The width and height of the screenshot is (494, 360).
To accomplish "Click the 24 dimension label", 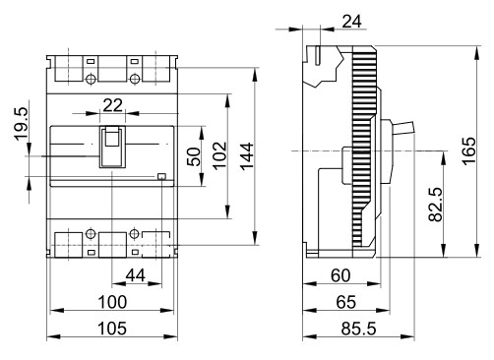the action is [351, 22].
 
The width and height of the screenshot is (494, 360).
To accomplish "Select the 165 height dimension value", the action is [468, 150].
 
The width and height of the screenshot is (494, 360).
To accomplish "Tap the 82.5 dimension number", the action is [436, 205].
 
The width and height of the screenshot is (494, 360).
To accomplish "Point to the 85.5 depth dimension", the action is [358, 329].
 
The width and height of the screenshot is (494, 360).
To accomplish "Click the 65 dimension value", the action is [346, 302].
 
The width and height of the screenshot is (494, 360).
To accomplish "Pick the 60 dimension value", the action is [340, 275].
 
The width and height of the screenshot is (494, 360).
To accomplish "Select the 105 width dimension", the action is [112, 329].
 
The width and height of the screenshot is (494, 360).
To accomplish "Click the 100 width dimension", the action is [112, 302].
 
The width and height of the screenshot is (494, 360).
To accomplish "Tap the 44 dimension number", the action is [136, 275].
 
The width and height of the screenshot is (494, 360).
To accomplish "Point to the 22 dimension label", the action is [112, 105].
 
